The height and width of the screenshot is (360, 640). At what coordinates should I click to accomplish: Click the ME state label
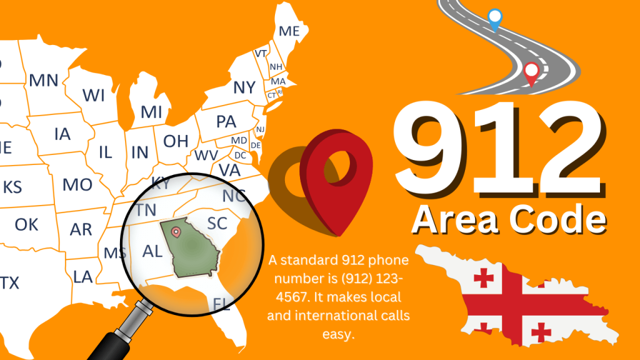[x=289, y=31]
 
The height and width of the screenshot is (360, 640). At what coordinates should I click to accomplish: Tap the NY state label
[x=244, y=87]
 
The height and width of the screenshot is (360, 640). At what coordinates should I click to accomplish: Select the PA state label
[x=226, y=122]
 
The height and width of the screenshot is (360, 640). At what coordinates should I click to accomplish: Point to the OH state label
[x=176, y=141]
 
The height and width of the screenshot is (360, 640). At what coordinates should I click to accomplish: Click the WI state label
[x=94, y=96]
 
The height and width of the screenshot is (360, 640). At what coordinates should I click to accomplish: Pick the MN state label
[x=44, y=80]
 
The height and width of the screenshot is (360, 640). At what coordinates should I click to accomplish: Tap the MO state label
[x=77, y=184]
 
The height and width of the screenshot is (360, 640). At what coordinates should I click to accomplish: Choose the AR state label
[x=81, y=229]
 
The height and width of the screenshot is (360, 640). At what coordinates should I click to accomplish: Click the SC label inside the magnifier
[x=217, y=223]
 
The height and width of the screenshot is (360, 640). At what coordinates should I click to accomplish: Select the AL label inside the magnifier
[x=152, y=251]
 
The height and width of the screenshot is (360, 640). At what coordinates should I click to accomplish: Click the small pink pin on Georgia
[x=176, y=232]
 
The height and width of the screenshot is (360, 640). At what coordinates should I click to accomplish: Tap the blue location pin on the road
[x=494, y=19]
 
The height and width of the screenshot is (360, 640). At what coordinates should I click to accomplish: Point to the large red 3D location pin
[x=328, y=175]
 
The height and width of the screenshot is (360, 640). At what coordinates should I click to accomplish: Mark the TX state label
[x=9, y=283]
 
